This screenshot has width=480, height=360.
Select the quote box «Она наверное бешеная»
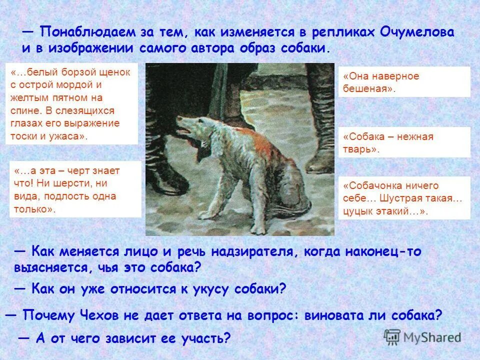[x=404, y=82]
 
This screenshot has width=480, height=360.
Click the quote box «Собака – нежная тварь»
[x=404, y=142]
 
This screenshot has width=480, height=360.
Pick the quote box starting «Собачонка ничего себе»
[x=404, y=198]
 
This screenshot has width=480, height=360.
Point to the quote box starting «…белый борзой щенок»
[x=71, y=104]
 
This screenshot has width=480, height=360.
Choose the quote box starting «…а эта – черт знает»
[x=75, y=189]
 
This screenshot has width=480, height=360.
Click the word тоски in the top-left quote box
[x=23, y=136]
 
